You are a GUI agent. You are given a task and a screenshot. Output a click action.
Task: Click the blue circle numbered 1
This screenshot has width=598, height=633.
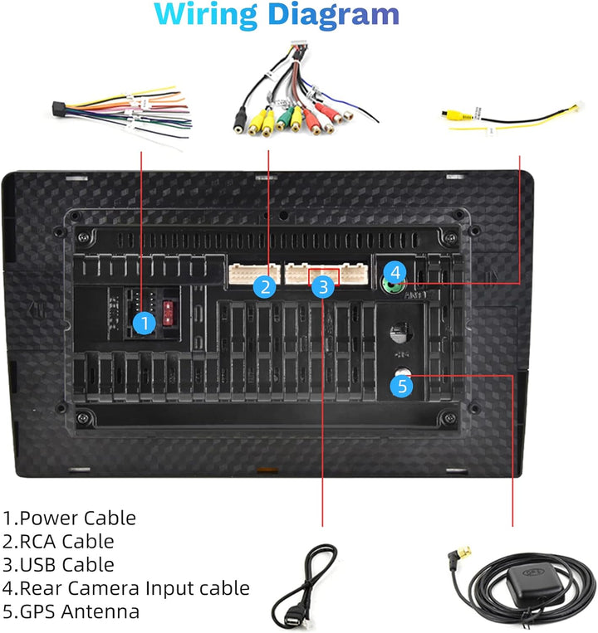point(145,323)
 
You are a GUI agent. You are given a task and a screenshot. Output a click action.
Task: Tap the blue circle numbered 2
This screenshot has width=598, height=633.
point(265,287)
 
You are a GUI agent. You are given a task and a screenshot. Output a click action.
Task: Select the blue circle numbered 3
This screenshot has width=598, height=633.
point(324,287)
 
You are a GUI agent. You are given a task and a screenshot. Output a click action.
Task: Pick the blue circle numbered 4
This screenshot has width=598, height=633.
point(396,271)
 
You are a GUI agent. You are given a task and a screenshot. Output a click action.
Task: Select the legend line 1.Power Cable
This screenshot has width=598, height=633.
point(69,519)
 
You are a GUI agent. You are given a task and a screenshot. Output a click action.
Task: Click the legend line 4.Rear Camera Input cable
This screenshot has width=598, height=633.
point(125,588)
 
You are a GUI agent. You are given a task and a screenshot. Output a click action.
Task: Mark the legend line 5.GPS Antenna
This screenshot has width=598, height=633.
point(71,612)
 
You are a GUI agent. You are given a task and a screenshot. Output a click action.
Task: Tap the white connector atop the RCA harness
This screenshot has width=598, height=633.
point(297,47)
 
